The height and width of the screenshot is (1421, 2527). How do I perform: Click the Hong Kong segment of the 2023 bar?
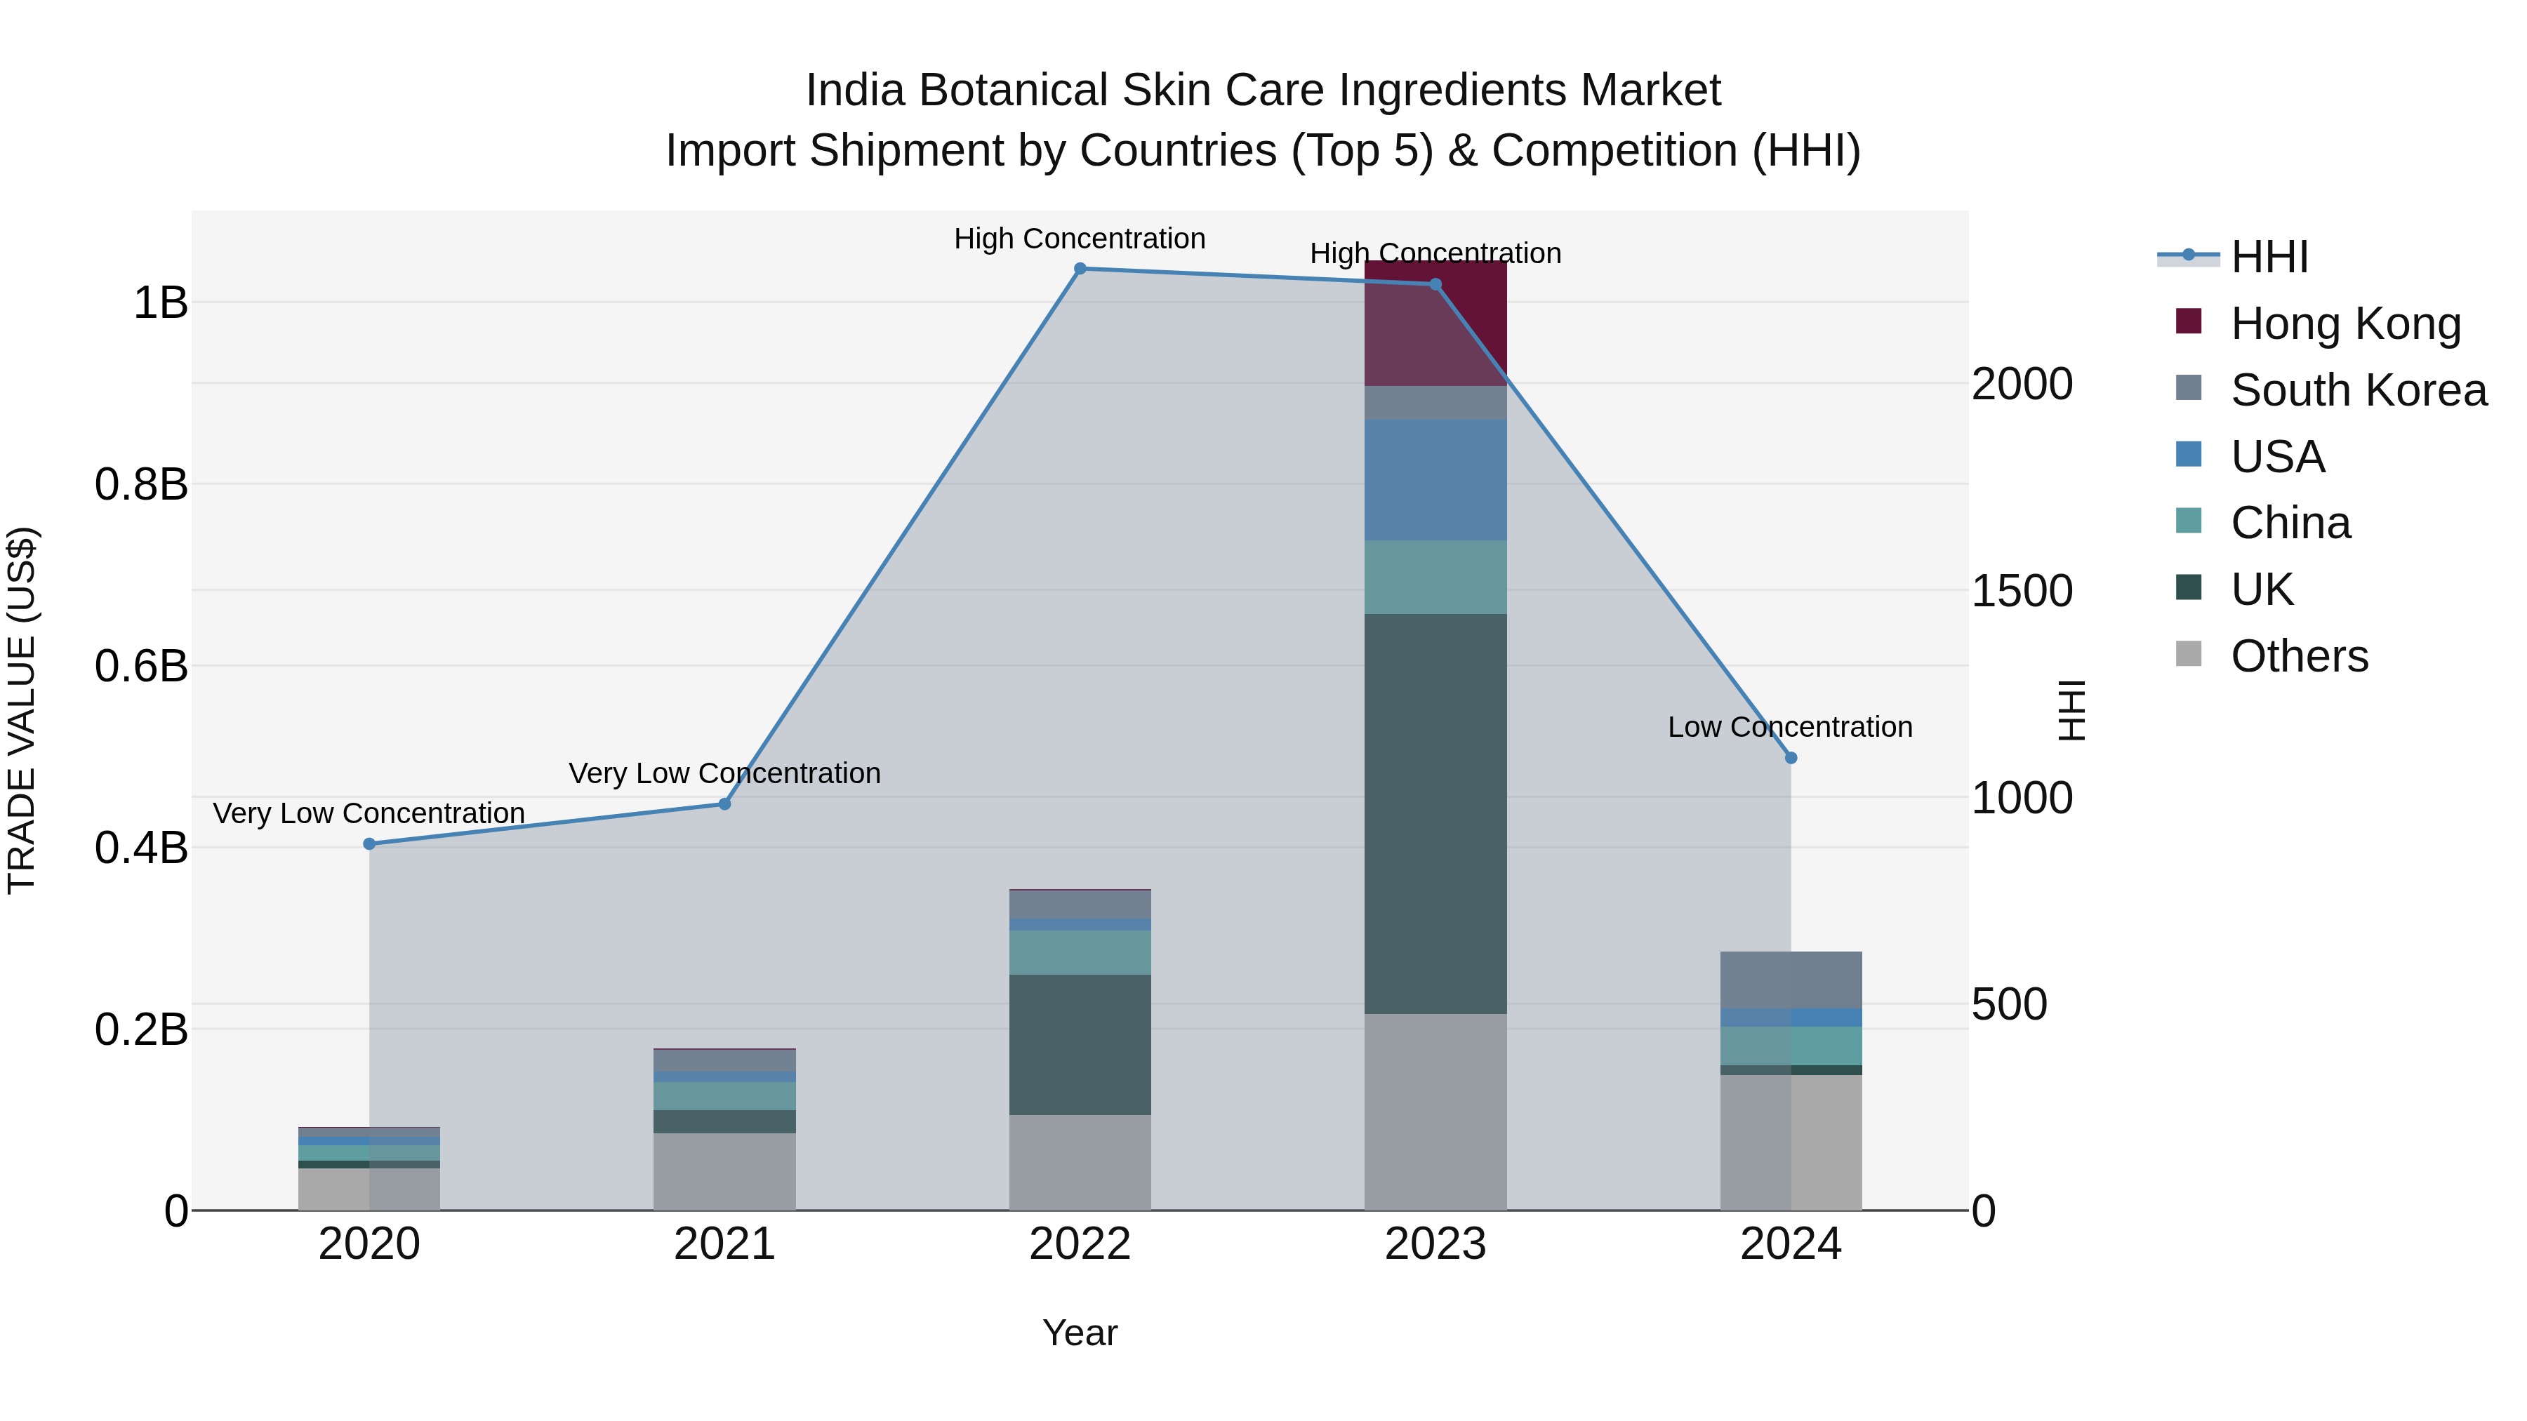coord(1435,323)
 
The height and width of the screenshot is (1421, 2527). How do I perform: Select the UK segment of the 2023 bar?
coord(1435,813)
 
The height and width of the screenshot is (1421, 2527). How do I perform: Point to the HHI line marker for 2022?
coord(1080,269)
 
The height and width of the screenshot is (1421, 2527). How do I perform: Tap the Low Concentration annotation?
coord(1789,728)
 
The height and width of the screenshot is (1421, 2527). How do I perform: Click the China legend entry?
coord(2290,523)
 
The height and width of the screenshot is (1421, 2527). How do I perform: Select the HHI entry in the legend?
coord(2268,257)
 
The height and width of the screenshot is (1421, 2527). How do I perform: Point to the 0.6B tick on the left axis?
coord(141,667)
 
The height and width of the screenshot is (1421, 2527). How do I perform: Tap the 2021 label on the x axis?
coord(724,1244)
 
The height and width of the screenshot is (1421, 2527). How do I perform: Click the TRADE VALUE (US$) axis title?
coord(22,710)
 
